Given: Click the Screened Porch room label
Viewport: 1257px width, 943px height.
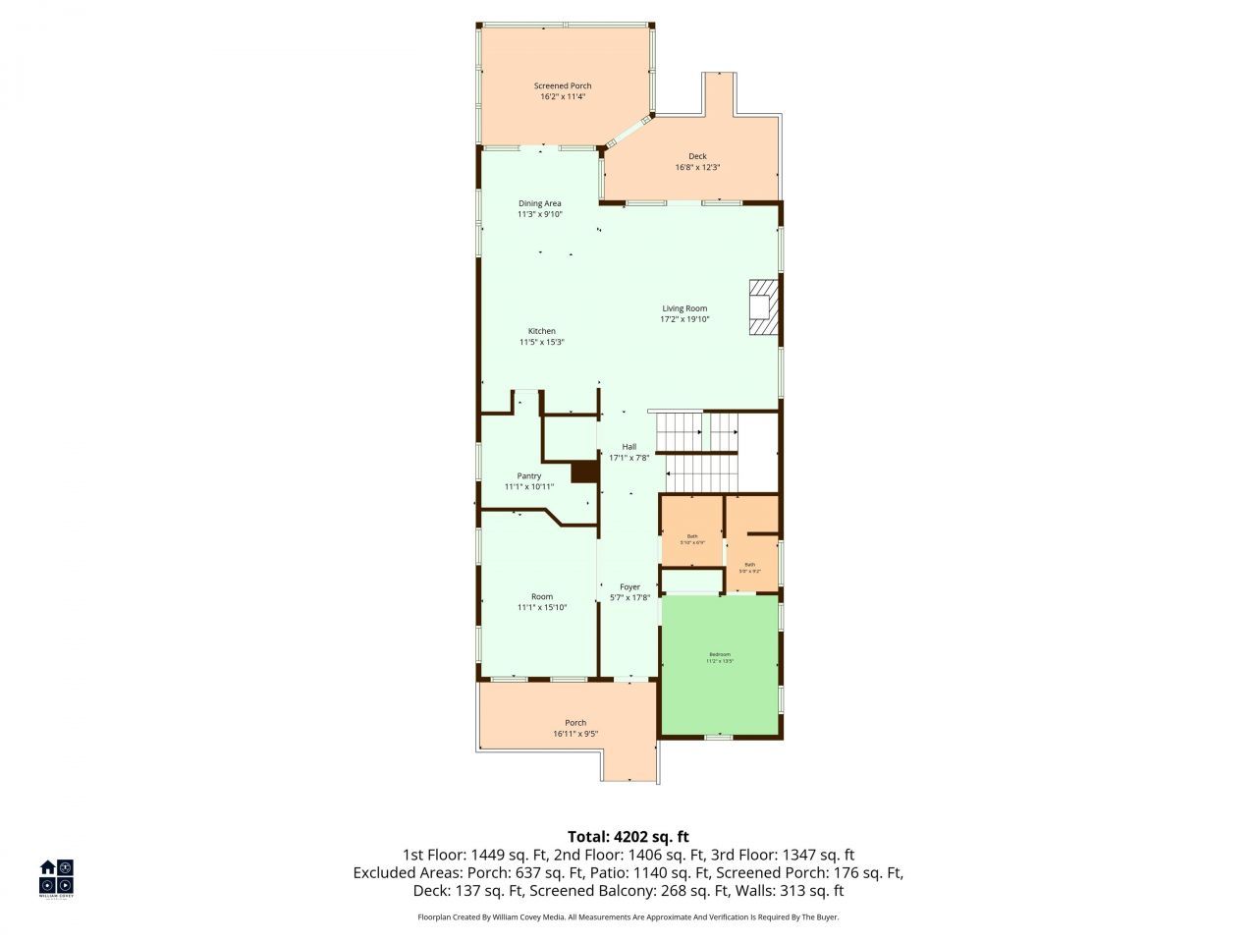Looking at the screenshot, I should click(563, 86).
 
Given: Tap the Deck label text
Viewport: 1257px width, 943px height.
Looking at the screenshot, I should click(697, 156).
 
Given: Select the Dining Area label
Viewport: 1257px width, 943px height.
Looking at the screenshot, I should click(540, 203).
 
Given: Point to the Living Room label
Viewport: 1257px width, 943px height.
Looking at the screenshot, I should click(683, 308).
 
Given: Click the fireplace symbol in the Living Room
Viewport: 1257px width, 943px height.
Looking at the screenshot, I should click(764, 307).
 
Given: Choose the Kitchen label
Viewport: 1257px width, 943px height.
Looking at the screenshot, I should click(542, 331).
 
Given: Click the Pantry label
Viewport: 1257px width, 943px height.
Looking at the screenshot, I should click(529, 475).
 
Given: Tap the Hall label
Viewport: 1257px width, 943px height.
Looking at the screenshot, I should click(628, 447).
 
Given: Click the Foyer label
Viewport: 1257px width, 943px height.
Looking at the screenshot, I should click(629, 587).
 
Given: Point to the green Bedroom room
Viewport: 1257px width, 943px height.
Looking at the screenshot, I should click(720, 678).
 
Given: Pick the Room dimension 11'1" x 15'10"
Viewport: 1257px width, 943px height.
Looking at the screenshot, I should click(542, 608).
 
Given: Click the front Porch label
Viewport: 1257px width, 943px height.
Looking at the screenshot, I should click(575, 723).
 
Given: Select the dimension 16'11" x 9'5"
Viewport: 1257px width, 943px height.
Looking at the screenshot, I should click(575, 734).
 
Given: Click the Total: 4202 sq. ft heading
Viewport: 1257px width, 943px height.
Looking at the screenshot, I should click(628, 837).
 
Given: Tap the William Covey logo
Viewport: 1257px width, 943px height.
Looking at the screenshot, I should click(56, 878).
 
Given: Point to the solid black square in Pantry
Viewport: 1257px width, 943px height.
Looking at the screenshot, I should click(584, 471).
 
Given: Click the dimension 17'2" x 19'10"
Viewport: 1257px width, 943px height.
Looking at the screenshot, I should click(683, 319).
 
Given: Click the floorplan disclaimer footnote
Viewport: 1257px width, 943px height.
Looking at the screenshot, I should click(628, 916).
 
